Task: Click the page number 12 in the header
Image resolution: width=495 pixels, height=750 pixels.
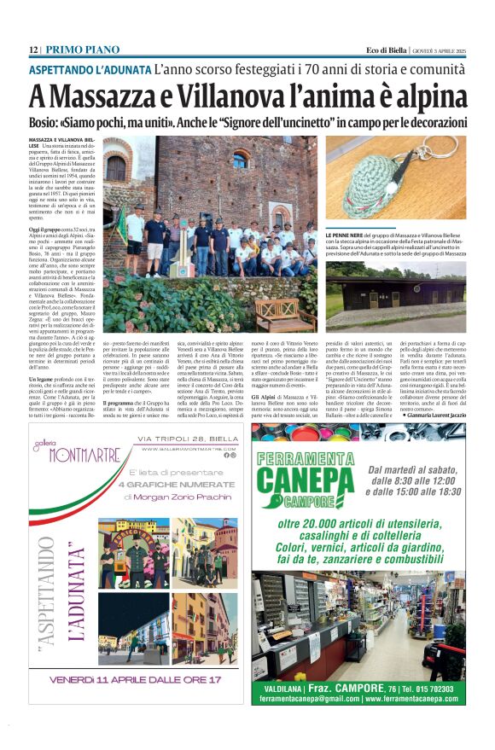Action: coord(34,49)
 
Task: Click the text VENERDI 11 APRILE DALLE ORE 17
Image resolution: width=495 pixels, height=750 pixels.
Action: coord(137,679)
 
